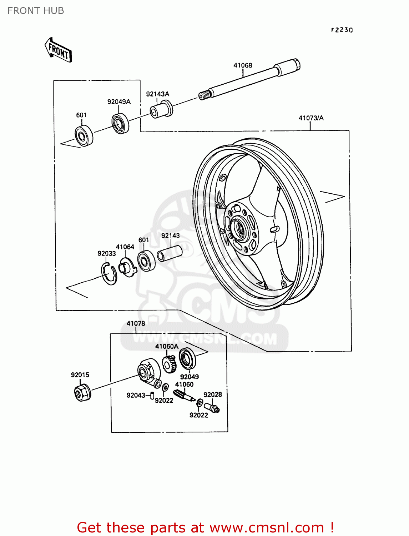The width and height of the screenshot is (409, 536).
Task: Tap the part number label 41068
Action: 243,65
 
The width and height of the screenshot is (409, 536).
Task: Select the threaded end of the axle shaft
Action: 204,95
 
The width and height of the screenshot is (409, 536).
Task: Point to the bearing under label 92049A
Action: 121,123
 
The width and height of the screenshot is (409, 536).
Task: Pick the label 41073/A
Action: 311,118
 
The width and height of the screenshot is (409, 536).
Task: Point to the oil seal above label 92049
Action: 187,358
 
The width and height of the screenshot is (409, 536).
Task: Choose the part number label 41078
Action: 136,323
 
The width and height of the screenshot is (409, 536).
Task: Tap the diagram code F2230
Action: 342,30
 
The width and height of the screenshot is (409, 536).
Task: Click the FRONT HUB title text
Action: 36,11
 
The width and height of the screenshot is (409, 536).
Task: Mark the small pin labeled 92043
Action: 152,395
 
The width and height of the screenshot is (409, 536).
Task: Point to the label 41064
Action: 125,247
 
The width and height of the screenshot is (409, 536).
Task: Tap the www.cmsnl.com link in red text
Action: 267,528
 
